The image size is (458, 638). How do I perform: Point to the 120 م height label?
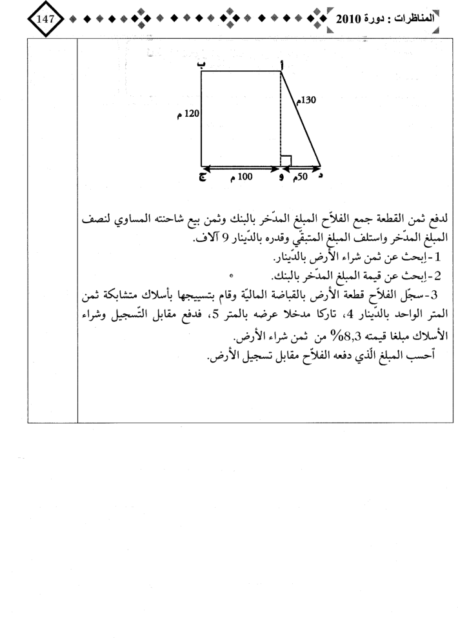pyautogui.click(x=188, y=114)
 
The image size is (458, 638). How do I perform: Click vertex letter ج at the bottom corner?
pyautogui.click(x=203, y=178)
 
